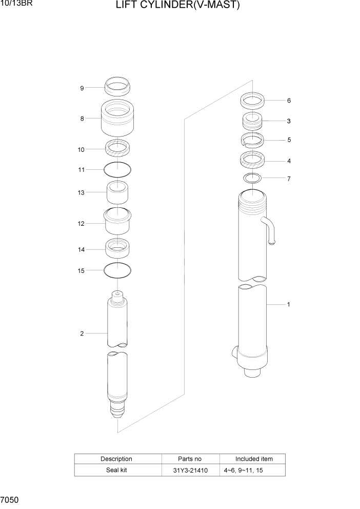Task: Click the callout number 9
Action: [x=82, y=88]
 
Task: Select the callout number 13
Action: [x=81, y=192]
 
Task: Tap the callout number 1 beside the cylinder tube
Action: [x=289, y=304]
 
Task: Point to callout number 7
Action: [x=289, y=179]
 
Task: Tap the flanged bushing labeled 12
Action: [x=117, y=222]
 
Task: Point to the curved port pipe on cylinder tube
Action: [x=270, y=229]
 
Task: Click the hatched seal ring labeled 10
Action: [x=117, y=149]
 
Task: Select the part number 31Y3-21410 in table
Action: [x=190, y=470]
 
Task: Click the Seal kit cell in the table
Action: [x=116, y=470]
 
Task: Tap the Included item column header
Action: [x=254, y=459]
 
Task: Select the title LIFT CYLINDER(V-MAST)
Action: [x=178, y=6]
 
